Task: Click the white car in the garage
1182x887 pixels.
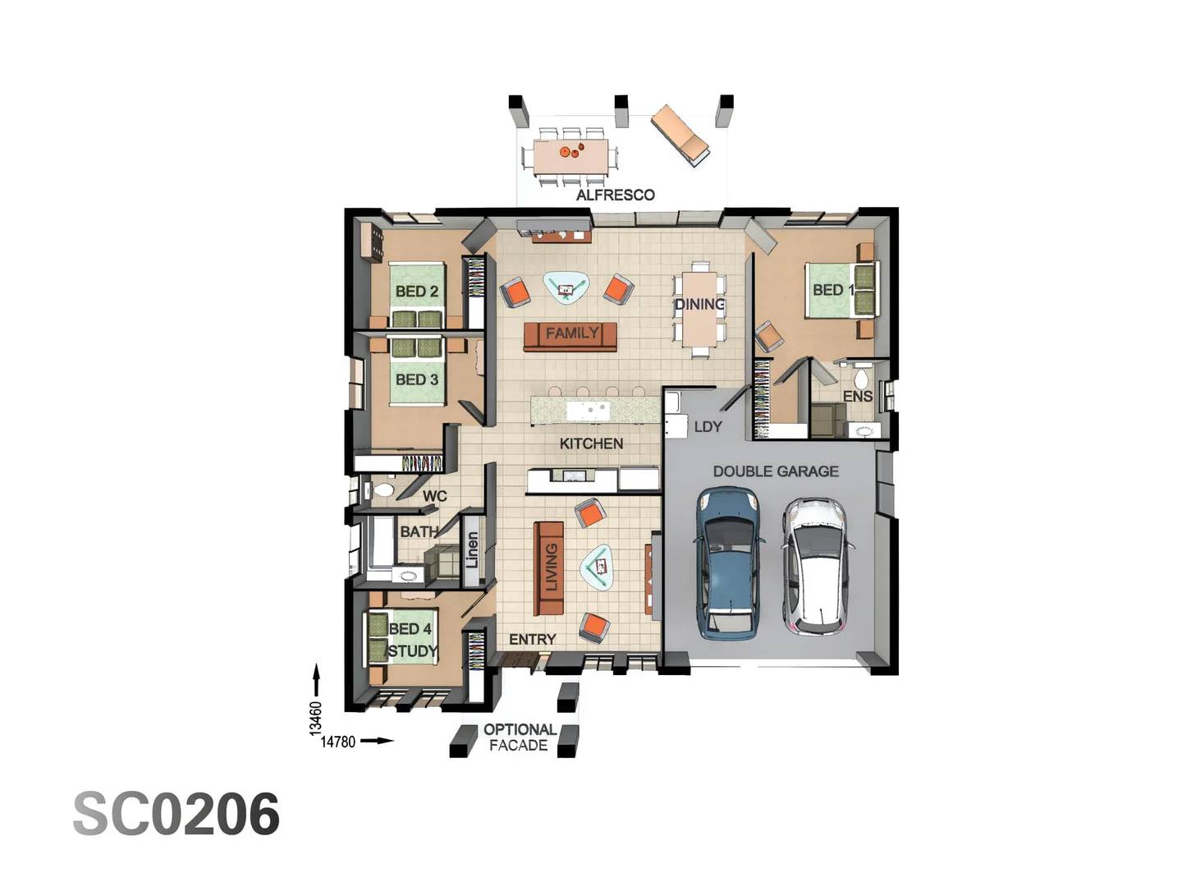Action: [816, 567]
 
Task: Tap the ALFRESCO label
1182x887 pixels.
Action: [615, 195]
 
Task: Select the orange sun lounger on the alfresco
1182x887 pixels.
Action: [680, 135]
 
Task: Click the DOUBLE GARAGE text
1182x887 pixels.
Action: [775, 471]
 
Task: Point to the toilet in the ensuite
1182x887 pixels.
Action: [860, 379]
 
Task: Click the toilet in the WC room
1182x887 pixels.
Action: [383, 491]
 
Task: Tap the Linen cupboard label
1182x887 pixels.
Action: [472, 549]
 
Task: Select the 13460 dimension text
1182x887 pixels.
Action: [316, 718]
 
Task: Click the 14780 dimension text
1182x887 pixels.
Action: [337, 742]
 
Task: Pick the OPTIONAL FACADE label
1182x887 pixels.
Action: [519, 738]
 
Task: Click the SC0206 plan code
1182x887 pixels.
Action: [176, 814]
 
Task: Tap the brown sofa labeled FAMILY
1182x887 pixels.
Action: [570, 334]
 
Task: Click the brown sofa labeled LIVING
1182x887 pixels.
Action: [549, 568]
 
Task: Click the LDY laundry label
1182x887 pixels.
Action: [708, 427]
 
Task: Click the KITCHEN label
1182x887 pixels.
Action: [591, 443]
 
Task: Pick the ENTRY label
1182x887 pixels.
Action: [532, 639]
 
